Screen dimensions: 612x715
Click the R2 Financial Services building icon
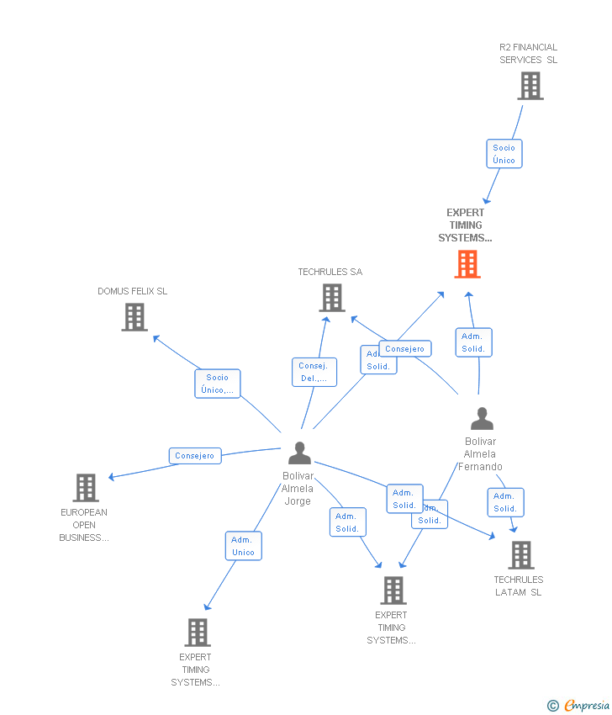click(530, 86)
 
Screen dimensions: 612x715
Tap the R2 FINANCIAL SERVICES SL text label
click(528, 54)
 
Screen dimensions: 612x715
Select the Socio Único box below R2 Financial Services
click(504, 154)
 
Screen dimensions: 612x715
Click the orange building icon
click(467, 264)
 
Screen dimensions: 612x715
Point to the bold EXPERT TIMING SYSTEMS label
click(465, 225)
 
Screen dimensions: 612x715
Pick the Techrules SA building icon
click(332, 298)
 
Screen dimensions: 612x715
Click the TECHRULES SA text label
click(330, 272)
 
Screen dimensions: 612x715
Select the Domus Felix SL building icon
click(135, 317)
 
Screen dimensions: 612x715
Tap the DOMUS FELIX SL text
click(132, 291)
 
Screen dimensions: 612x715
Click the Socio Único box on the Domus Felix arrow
click(218, 384)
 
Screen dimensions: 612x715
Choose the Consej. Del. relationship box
click(314, 372)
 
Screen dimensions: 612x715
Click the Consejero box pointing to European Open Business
click(195, 456)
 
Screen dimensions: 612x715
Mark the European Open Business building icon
click(86, 488)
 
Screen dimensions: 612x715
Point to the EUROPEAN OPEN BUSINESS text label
click(84, 525)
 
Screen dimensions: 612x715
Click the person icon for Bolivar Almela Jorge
click(299, 453)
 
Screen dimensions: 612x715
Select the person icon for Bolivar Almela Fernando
click(482, 419)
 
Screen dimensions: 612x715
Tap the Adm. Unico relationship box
click(243, 546)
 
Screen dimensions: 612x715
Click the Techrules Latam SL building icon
click(521, 555)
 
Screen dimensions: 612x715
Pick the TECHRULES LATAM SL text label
click(519, 585)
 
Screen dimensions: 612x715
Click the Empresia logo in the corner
click(580, 706)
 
